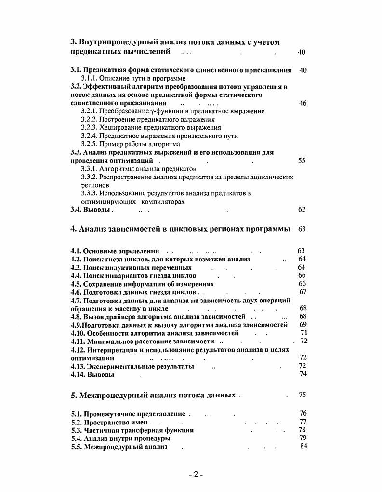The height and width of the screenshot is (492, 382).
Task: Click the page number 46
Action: tap(303, 103)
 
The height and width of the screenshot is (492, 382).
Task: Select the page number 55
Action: tap(302, 161)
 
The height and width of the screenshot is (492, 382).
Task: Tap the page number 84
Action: tap(303, 446)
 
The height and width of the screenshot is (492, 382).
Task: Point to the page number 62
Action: tap(302, 210)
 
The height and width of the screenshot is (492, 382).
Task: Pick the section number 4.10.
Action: tap(77, 333)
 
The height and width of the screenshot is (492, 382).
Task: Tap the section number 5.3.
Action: tap(76, 430)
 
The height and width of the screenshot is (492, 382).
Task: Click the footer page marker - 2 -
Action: tap(196, 474)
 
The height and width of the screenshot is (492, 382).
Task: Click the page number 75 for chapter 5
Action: tap(303, 395)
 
